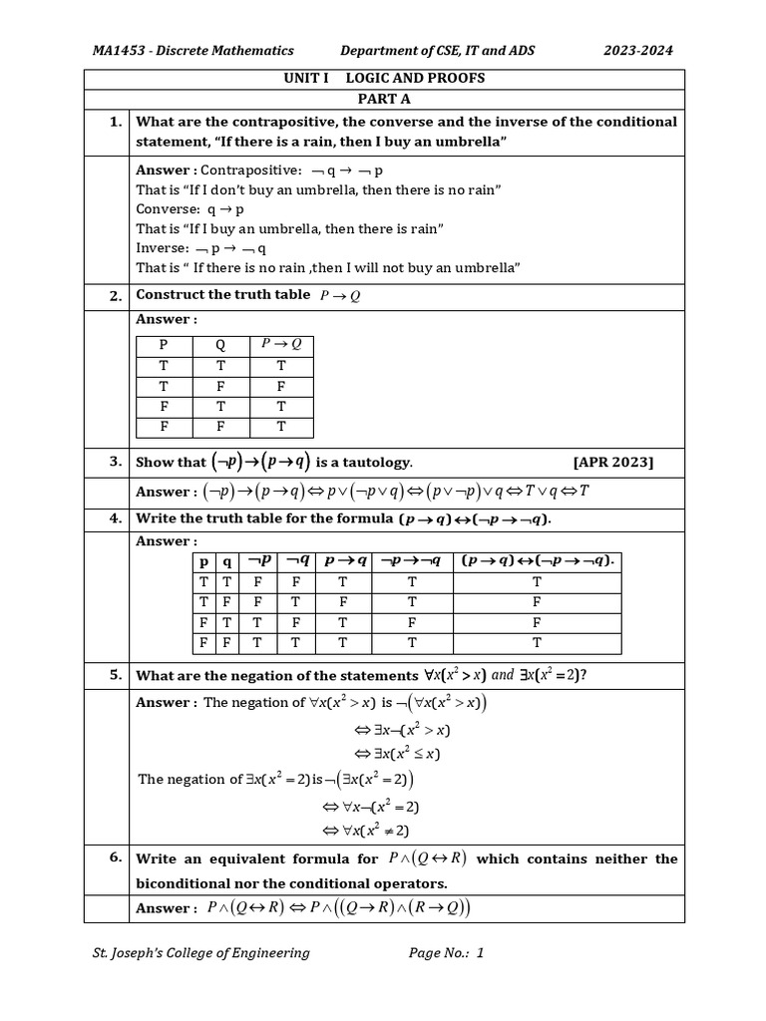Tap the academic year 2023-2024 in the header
pyautogui.click(x=638, y=50)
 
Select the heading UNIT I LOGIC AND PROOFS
pyautogui.click(x=384, y=79)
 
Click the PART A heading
pyautogui.click(x=384, y=99)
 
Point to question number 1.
pyautogui.click(x=116, y=122)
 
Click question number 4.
pyautogui.click(x=116, y=518)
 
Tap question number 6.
pyautogui.click(x=116, y=857)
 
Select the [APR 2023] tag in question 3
pyautogui.click(x=613, y=462)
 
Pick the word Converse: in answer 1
pyautogui.click(x=169, y=209)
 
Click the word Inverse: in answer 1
pyautogui.click(x=163, y=248)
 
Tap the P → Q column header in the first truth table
pyautogui.click(x=280, y=344)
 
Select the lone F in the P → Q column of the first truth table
pyautogui.click(x=280, y=385)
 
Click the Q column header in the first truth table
pyautogui.click(x=220, y=345)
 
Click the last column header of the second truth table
pyautogui.click(x=537, y=561)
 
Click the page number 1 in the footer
pyautogui.click(x=480, y=953)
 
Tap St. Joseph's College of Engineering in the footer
pyautogui.click(x=200, y=953)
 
